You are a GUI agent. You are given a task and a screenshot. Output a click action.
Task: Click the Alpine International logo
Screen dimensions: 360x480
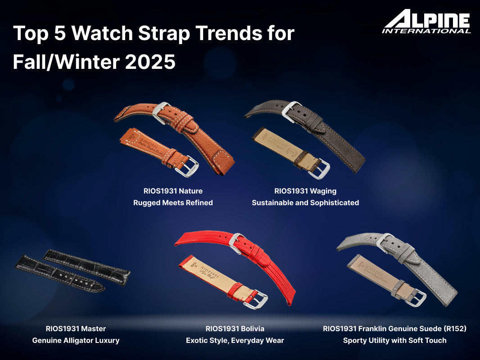click(426, 21)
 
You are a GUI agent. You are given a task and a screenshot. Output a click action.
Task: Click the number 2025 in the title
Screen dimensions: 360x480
click(150, 62)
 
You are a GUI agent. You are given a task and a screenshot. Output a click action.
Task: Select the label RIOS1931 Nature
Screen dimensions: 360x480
click(173, 191)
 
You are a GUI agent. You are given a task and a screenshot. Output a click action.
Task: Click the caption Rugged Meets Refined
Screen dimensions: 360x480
click(173, 203)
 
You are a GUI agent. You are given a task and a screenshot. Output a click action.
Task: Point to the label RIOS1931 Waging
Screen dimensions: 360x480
click(305, 191)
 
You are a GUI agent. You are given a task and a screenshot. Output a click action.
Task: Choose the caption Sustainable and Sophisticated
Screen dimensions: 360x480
click(305, 203)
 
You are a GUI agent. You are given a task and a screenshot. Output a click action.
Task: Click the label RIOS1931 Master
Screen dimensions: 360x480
click(76, 328)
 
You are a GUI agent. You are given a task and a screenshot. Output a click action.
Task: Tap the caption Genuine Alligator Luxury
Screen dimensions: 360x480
click(76, 341)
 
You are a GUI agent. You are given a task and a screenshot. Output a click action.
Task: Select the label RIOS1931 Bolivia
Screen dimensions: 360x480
click(235, 328)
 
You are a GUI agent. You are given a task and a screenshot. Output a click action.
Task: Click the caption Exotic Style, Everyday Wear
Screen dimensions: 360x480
click(235, 341)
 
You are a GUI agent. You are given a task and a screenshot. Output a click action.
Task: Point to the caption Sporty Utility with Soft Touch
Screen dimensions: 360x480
click(394, 341)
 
